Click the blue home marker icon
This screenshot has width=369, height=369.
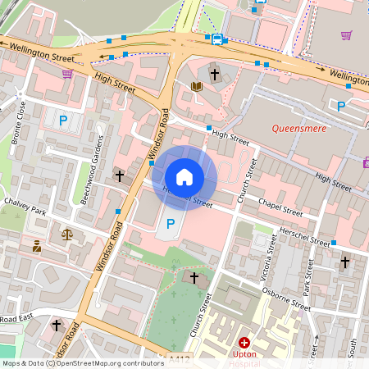(184, 176)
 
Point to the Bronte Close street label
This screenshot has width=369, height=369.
(19, 121)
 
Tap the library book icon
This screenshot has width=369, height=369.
(196, 85)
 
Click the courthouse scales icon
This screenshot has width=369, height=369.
(66, 234)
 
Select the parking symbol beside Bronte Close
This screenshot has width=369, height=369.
(62, 121)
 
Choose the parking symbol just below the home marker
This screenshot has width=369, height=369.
(171, 223)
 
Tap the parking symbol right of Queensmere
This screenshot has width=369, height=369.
(341, 105)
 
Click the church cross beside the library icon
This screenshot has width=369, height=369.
(215, 74)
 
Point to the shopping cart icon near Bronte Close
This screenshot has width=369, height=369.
(66, 73)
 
